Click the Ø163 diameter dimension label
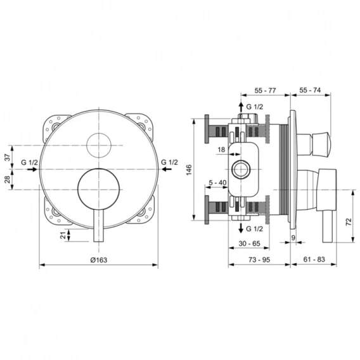coord(99,260)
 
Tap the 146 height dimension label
coord(189,170)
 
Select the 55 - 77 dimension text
coord(265,91)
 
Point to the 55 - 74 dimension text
coord(310,90)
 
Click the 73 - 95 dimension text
coord(259,260)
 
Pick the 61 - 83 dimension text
coord(314,259)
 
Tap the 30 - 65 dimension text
coord(249,243)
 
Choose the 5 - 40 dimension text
coord(217,183)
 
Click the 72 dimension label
coord(349,222)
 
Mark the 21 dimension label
coord(63,235)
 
